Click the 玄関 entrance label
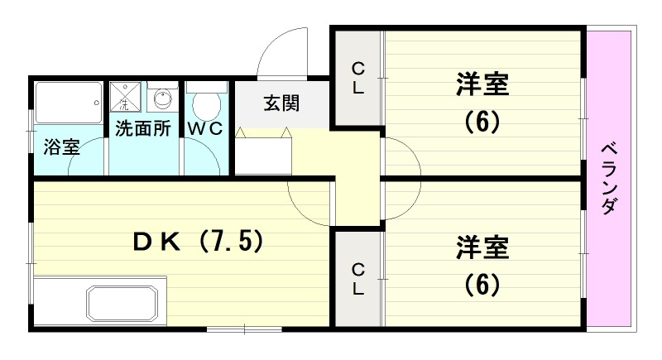click(281, 103)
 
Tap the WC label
click(205, 128)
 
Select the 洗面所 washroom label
click(143, 128)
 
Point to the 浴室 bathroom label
click(61, 146)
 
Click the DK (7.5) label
click(199, 242)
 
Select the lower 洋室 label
click(482, 247)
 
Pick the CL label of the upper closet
click(358, 78)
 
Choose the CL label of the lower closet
click(358, 279)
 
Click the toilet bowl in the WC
click(206, 105)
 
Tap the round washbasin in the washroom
click(162, 99)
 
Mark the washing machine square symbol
click(126, 97)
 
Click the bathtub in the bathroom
click(69, 103)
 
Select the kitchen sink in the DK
click(122, 304)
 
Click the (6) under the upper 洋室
click(482, 122)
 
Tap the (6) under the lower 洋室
click(482, 285)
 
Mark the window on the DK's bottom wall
click(244, 329)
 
